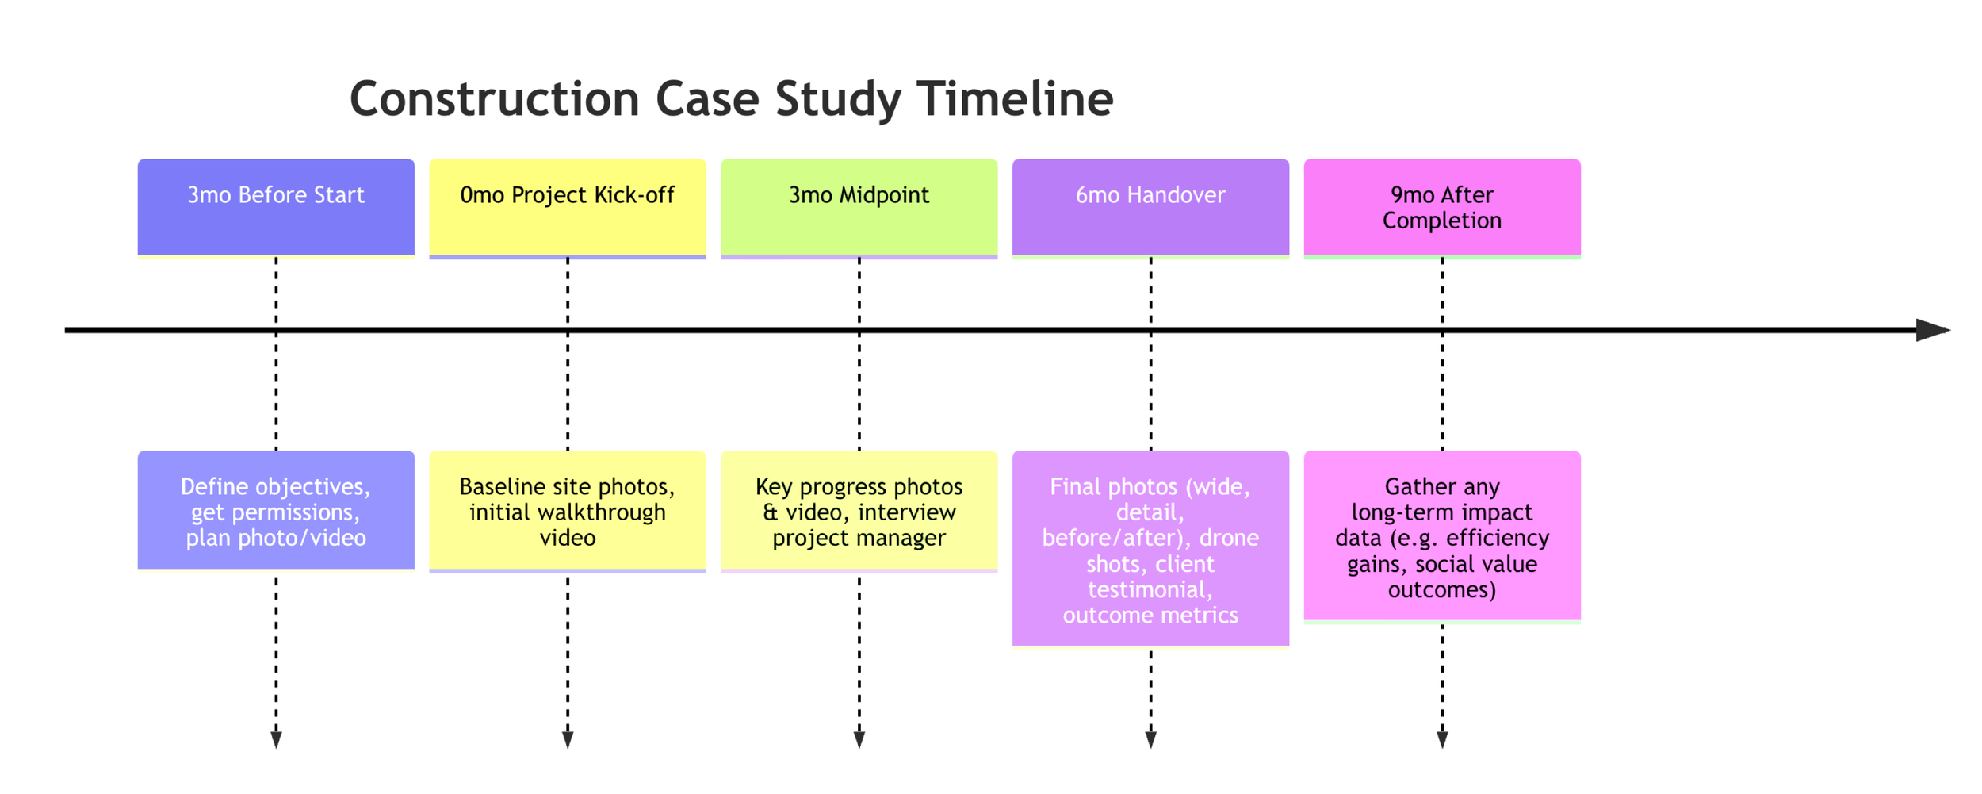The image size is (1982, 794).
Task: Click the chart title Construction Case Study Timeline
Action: tap(731, 99)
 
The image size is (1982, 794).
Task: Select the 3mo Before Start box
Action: tap(276, 208)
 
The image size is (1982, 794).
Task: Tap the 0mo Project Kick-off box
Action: tap(568, 208)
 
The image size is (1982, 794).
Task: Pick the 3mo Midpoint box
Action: tap(859, 208)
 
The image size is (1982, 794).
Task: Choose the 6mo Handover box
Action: tap(1150, 208)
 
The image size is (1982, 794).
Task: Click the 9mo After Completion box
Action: tap(1442, 208)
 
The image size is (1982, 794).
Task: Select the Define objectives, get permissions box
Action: tap(276, 511)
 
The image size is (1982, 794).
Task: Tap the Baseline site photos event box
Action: tap(568, 511)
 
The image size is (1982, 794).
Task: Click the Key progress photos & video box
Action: tap(859, 511)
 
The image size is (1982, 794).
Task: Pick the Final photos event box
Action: tap(1150, 550)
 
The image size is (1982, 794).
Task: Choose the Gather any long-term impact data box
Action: tap(1442, 537)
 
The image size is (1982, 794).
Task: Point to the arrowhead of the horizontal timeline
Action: tap(1933, 330)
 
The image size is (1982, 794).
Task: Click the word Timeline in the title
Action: tap(1015, 99)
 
